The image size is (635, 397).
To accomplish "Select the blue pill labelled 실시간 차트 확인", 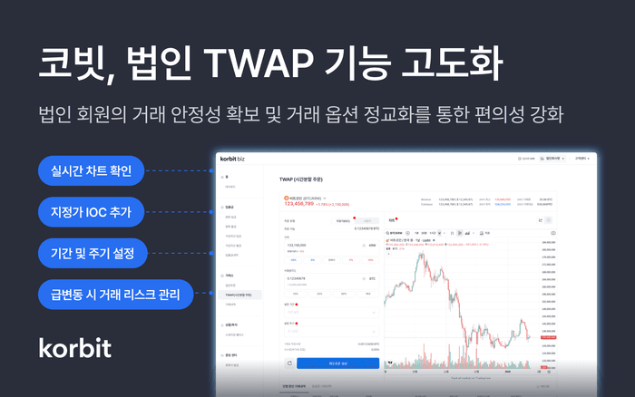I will click(x=92, y=170).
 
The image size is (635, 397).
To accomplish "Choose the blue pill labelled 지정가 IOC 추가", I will click(x=92, y=211).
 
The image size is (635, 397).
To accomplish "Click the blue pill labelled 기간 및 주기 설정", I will click(x=92, y=252).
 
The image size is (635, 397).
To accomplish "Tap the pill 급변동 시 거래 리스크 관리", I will click(x=114, y=294).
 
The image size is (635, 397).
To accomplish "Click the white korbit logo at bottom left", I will click(x=75, y=347).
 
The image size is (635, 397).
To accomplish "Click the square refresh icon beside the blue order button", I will click(x=289, y=363).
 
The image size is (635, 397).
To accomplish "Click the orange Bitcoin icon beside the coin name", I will click(x=286, y=197).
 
